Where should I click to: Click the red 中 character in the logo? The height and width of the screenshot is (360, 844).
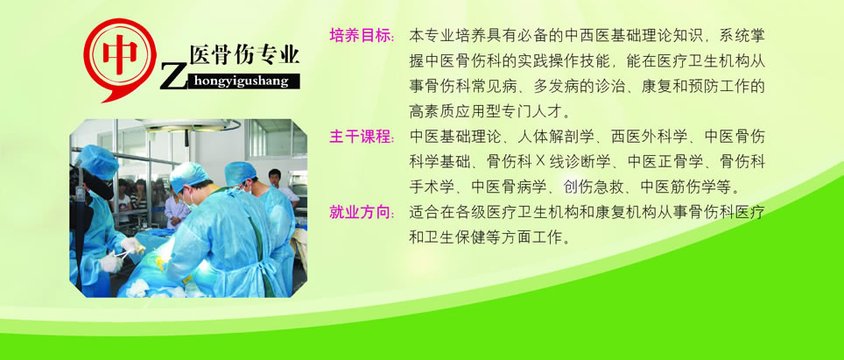[120, 54]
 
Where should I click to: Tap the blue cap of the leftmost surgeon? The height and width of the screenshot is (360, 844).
[97, 161]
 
